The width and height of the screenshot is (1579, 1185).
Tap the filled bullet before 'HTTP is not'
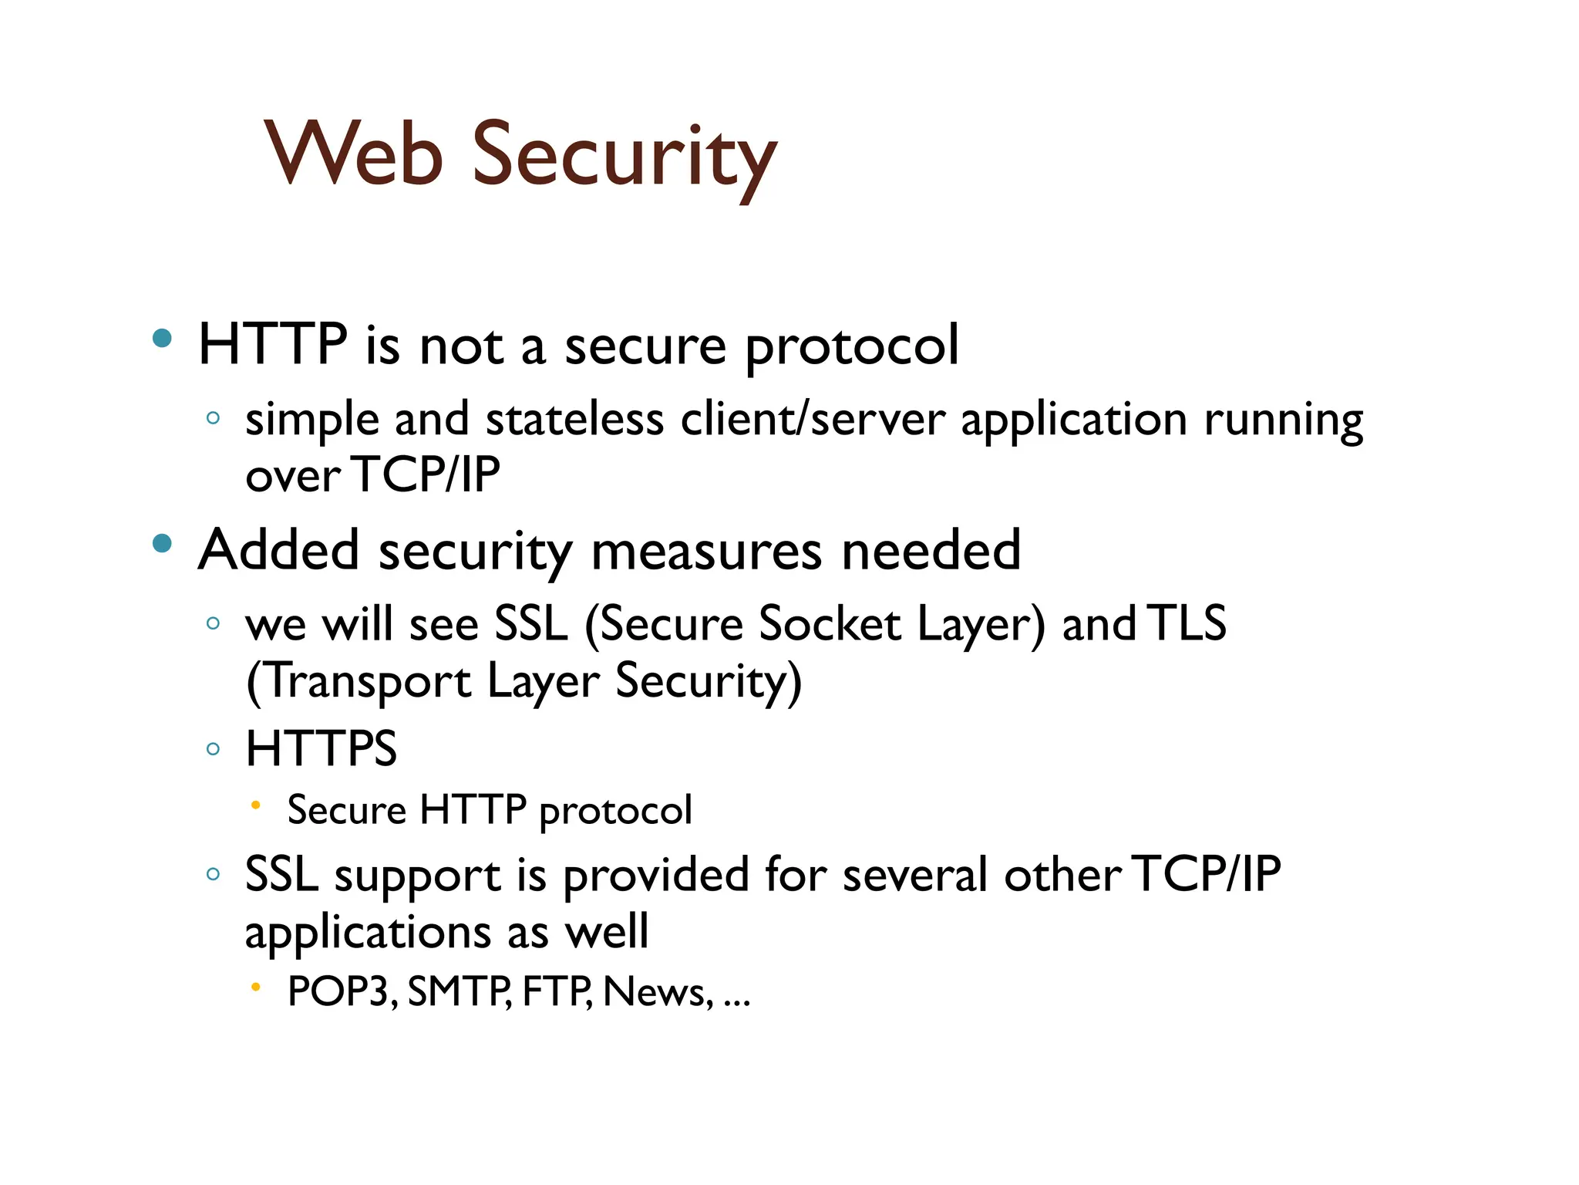pyautogui.click(x=162, y=338)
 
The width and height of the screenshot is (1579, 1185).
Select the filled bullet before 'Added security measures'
pyautogui.click(x=162, y=544)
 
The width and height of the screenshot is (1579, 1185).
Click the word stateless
pyautogui.click(x=574, y=420)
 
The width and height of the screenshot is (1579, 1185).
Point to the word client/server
pyautogui.click(x=813, y=420)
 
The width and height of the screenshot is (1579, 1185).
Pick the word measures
pyautogui.click(x=706, y=552)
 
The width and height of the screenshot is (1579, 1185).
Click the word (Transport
pyautogui.click(x=359, y=682)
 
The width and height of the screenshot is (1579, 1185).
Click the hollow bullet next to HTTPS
pyautogui.click(x=214, y=748)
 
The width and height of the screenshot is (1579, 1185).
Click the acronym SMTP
pyautogui.click(x=458, y=992)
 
